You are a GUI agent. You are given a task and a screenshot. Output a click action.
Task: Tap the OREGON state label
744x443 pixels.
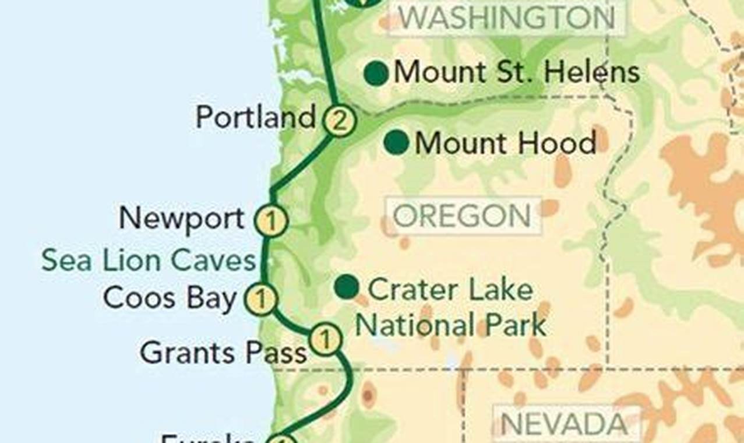click(x=462, y=217)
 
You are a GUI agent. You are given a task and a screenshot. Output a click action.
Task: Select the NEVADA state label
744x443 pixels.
click(x=564, y=424)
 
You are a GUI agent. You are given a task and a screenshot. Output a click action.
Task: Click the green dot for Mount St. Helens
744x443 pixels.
click(x=376, y=74)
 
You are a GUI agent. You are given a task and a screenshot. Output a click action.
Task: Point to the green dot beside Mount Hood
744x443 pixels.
click(x=397, y=143)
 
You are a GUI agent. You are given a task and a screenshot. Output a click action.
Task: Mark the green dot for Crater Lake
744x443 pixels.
click(x=347, y=286)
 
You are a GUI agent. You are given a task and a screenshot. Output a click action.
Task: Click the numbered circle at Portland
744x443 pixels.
click(x=339, y=121)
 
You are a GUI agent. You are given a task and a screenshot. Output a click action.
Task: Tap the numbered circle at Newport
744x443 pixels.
click(x=271, y=221)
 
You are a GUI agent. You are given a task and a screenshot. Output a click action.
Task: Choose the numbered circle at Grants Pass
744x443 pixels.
click(x=325, y=338)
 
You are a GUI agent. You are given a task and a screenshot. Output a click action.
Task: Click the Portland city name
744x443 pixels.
click(x=255, y=118)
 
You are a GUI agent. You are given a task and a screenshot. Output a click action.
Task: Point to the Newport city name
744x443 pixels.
click(x=182, y=219)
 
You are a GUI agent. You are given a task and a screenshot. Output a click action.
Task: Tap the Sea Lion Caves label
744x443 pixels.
click(x=149, y=261)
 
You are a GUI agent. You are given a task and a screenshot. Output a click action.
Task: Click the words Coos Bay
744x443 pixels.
click(x=170, y=298)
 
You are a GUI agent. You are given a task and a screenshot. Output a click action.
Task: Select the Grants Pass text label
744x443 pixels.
click(x=224, y=353)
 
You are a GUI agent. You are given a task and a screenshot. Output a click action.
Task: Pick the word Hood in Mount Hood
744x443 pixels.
click(x=563, y=143)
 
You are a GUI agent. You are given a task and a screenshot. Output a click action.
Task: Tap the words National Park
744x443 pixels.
click(x=450, y=325)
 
